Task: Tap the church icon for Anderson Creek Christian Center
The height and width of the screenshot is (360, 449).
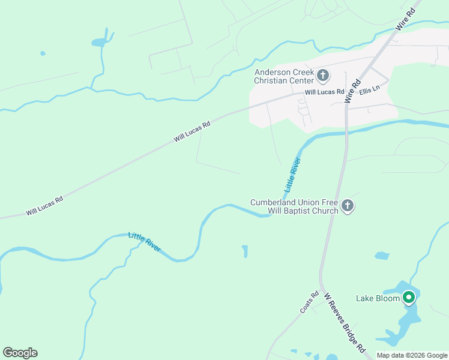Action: coord(323,76)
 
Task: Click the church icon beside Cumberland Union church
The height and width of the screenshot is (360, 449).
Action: coord(347,206)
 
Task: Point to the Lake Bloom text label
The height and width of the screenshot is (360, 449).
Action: coord(378,298)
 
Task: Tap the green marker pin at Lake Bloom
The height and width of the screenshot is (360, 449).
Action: coord(409,297)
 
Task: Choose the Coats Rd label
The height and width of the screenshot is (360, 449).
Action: coord(309,302)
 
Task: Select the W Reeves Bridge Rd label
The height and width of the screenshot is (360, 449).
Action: coord(344,322)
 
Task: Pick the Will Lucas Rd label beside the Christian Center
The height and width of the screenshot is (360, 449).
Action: coord(324,92)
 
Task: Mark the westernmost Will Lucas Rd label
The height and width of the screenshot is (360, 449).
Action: coord(44,206)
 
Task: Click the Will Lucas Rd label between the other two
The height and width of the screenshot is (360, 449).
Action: coord(192,132)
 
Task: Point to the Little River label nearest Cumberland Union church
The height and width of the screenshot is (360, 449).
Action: coord(292,175)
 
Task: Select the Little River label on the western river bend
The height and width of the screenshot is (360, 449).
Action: coord(145,242)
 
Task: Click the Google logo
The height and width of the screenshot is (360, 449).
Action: coord(20,353)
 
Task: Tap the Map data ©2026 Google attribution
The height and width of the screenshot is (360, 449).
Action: coord(412,355)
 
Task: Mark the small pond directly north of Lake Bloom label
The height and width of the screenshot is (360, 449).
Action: coord(382,256)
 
